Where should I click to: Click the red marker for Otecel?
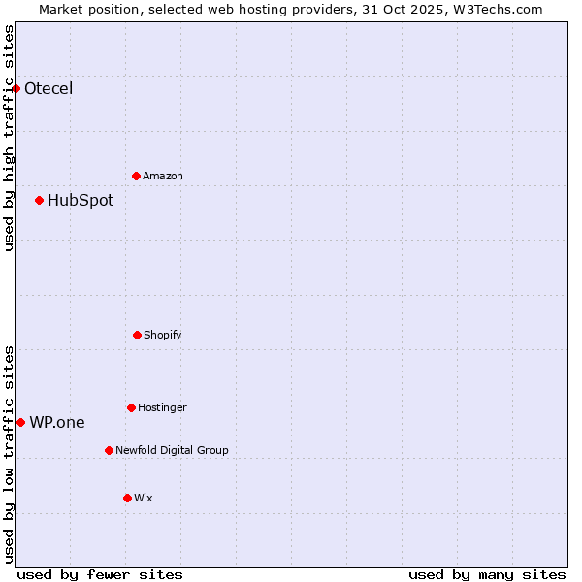tap(16, 89)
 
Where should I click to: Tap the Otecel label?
tap(48, 89)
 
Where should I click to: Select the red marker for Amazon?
tap(137, 176)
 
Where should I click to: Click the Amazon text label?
tap(163, 176)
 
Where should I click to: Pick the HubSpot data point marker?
tap(40, 201)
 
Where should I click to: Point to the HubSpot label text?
tap(81, 201)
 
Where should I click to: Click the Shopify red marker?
tap(137, 336)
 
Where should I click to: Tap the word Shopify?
tap(163, 336)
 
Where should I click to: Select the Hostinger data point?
tap(131, 407)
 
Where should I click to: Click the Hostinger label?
tap(162, 407)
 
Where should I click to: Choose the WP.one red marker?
tap(21, 422)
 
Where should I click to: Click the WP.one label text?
tap(57, 422)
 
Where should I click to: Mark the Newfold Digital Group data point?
tap(109, 450)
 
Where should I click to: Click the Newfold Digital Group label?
tap(173, 450)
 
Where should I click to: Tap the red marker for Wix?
tap(127, 498)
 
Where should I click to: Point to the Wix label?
tap(144, 498)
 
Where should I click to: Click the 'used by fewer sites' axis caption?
tap(100, 574)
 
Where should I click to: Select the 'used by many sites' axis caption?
tap(487, 574)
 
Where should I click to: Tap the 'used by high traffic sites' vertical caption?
tap(9, 139)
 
